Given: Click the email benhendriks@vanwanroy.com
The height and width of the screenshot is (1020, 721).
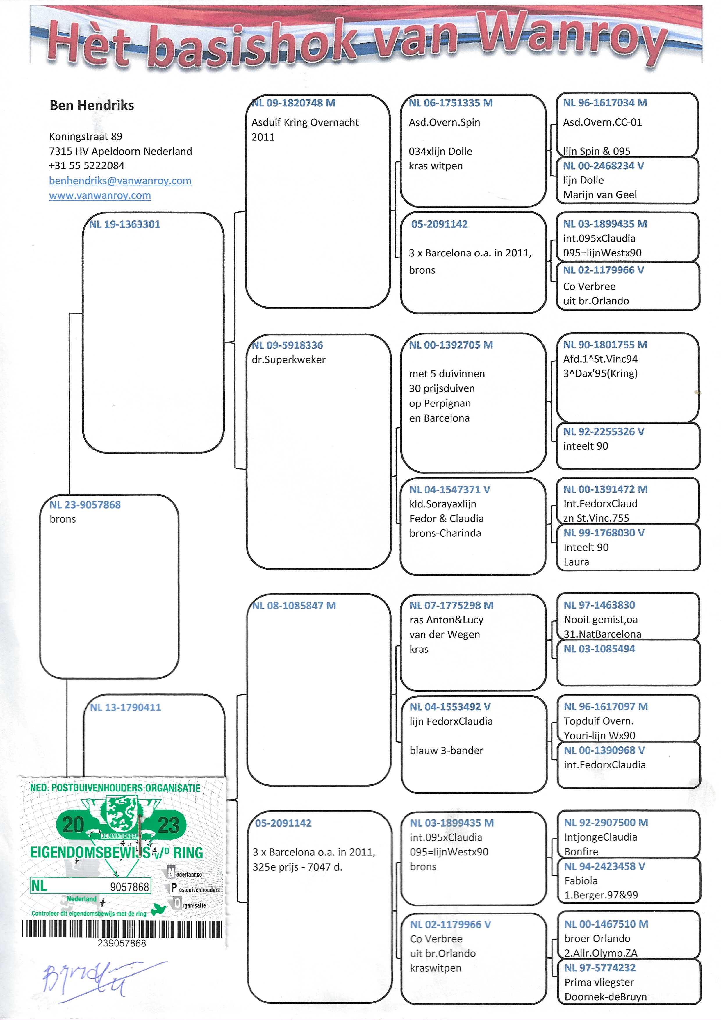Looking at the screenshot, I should tap(120, 181).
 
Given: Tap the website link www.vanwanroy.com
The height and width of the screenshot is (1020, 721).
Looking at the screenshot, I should tap(100, 195).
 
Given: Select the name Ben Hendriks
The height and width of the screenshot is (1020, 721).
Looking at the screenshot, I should tap(92, 105).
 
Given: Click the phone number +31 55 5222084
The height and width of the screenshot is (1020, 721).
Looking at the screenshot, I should tap(87, 166).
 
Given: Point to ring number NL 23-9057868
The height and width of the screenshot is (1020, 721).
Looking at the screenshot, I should tap(85, 505).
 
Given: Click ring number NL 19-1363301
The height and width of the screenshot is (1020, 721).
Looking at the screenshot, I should tap(124, 224).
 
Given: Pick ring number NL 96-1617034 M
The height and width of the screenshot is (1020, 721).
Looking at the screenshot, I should tap(605, 103).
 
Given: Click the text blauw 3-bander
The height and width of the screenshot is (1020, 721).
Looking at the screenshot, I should tap(446, 750).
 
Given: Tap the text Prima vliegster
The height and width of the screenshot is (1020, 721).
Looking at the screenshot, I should tap(599, 982).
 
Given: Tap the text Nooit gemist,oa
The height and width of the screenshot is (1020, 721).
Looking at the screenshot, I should tap(601, 620).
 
